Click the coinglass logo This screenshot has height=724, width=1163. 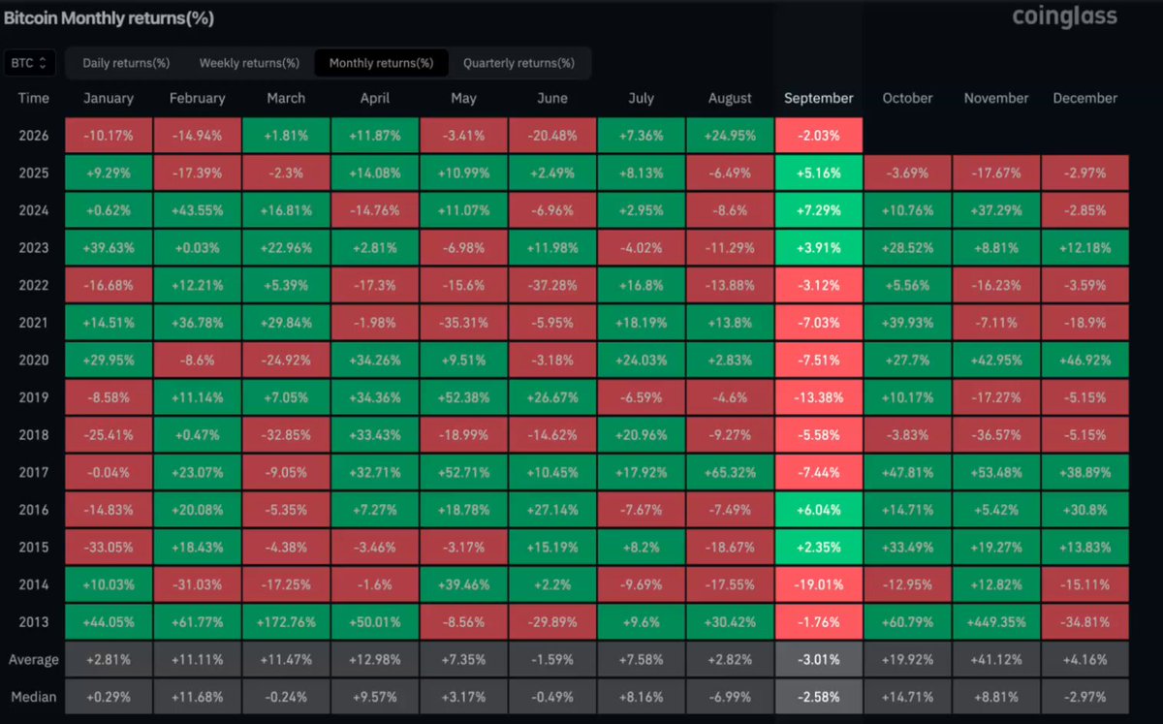(x=1064, y=17)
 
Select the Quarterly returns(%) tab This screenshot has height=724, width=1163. (x=519, y=63)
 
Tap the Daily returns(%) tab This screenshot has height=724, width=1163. (x=126, y=63)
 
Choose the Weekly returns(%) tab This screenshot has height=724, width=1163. (x=249, y=63)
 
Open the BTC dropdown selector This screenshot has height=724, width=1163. (x=29, y=63)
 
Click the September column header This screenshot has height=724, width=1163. (x=819, y=98)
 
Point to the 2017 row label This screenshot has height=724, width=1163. (x=34, y=472)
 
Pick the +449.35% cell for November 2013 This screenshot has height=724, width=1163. (x=996, y=621)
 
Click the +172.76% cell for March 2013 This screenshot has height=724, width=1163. (x=286, y=621)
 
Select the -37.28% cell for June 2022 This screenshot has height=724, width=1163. (x=552, y=285)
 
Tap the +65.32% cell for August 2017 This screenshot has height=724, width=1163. (x=730, y=472)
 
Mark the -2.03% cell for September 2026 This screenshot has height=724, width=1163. (x=819, y=136)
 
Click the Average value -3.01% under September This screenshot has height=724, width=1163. (x=819, y=660)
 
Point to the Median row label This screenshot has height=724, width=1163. (x=34, y=697)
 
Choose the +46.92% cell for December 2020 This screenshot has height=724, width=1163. (x=1085, y=360)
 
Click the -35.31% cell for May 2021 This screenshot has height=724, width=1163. (x=463, y=323)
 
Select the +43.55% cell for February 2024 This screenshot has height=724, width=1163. (x=198, y=210)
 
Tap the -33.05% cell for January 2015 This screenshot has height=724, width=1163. (x=109, y=547)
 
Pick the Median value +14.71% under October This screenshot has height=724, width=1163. (x=907, y=697)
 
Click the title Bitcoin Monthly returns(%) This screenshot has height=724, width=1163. (x=109, y=18)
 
